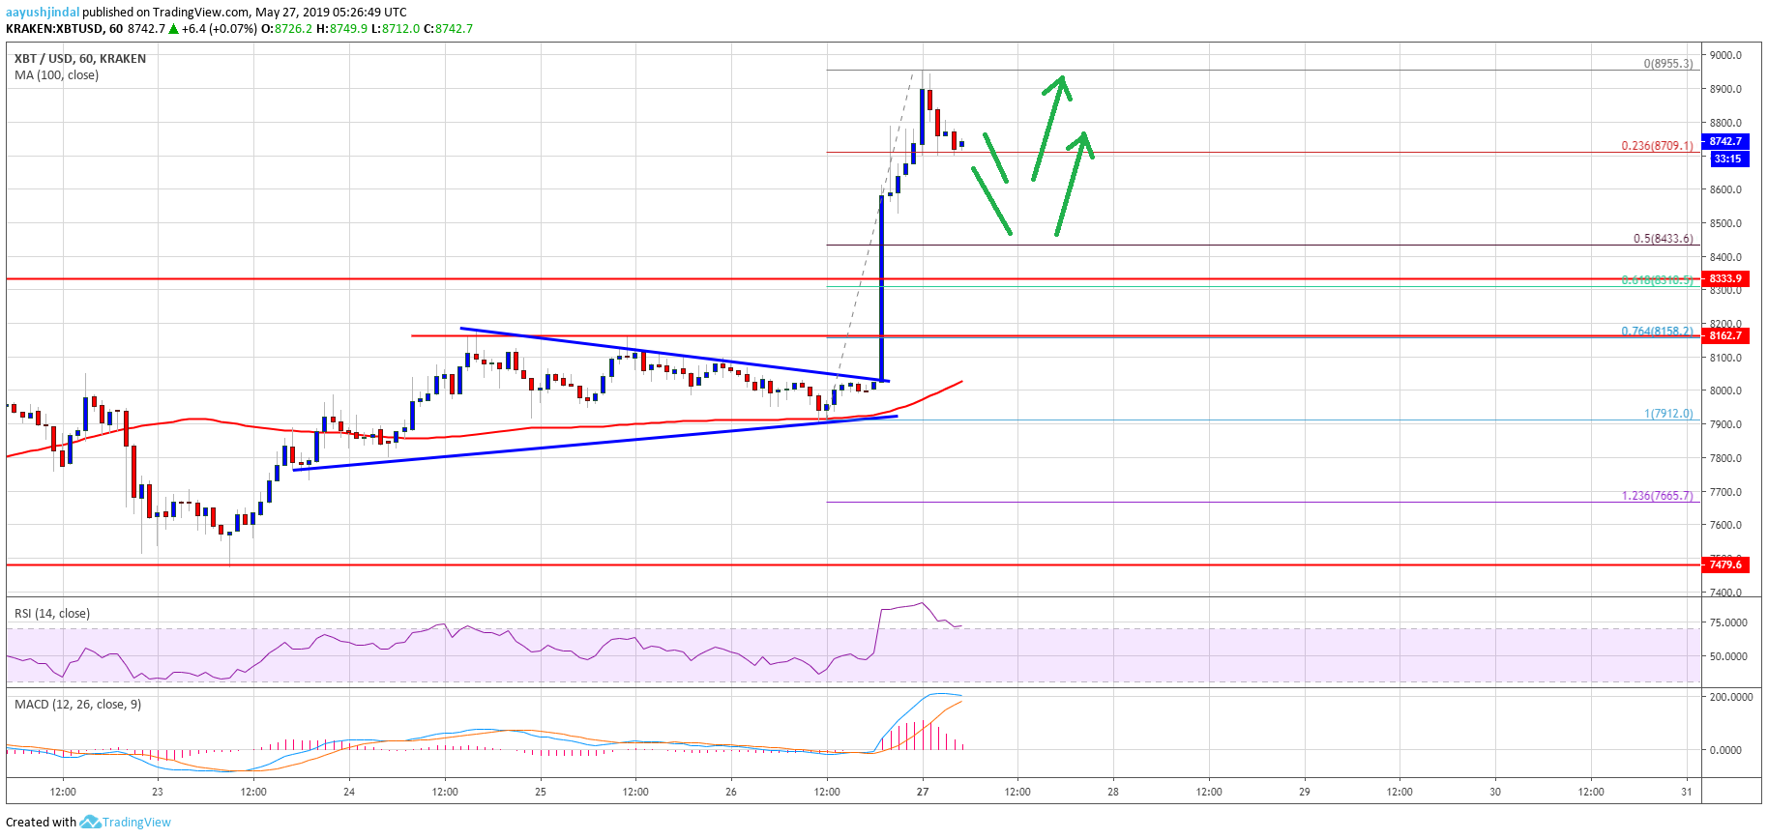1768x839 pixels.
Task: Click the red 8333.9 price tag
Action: click(x=1725, y=278)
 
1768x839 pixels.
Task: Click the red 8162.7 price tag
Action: click(x=1725, y=335)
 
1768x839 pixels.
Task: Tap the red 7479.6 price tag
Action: click(x=1725, y=564)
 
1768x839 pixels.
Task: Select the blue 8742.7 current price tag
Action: click(x=1725, y=141)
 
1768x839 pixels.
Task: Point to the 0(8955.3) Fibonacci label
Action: click(x=1668, y=64)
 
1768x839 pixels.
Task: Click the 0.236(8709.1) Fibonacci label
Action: click(x=1657, y=146)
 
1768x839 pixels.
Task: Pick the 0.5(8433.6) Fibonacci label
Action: click(x=1663, y=239)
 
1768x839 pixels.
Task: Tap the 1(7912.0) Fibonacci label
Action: click(x=1668, y=414)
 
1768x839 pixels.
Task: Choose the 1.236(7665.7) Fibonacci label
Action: click(x=1657, y=496)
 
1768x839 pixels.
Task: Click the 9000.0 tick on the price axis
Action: click(x=1725, y=55)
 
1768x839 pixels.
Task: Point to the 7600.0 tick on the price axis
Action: click(x=1725, y=526)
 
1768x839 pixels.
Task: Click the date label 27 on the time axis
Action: click(x=923, y=792)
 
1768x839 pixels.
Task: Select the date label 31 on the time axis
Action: click(x=1687, y=792)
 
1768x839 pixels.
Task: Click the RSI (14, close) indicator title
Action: click(x=52, y=614)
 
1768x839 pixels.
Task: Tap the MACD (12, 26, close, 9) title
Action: click(x=77, y=705)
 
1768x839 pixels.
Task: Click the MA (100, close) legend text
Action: click(x=56, y=75)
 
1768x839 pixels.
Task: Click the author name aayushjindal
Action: click(x=43, y=13)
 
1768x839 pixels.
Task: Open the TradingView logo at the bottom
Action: click(x=126, y=823)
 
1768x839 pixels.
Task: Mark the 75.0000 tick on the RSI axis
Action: click(x=1729, y=622)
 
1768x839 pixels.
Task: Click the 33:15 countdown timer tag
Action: click(x=1727, y=159)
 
